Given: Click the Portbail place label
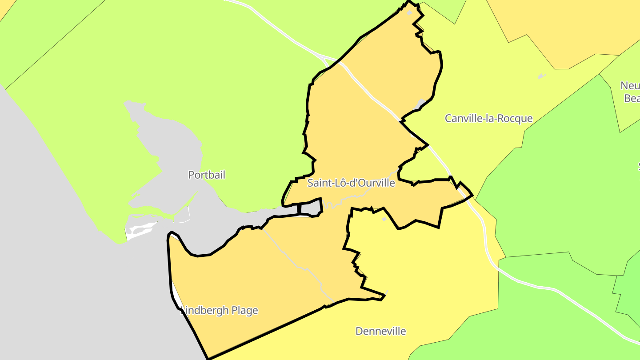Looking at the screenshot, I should click(207, 175).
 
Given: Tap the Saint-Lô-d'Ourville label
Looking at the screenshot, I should click(351, 183).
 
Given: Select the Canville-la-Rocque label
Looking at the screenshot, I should click(488, 118).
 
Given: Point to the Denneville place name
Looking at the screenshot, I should click(380, 331).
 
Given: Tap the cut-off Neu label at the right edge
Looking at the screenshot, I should click(630, 85).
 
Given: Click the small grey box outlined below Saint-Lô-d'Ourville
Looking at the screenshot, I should click(311, 208).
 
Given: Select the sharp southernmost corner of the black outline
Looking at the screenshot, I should click(208, 358).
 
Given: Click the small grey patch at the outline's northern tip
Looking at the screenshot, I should click(409, 13).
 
